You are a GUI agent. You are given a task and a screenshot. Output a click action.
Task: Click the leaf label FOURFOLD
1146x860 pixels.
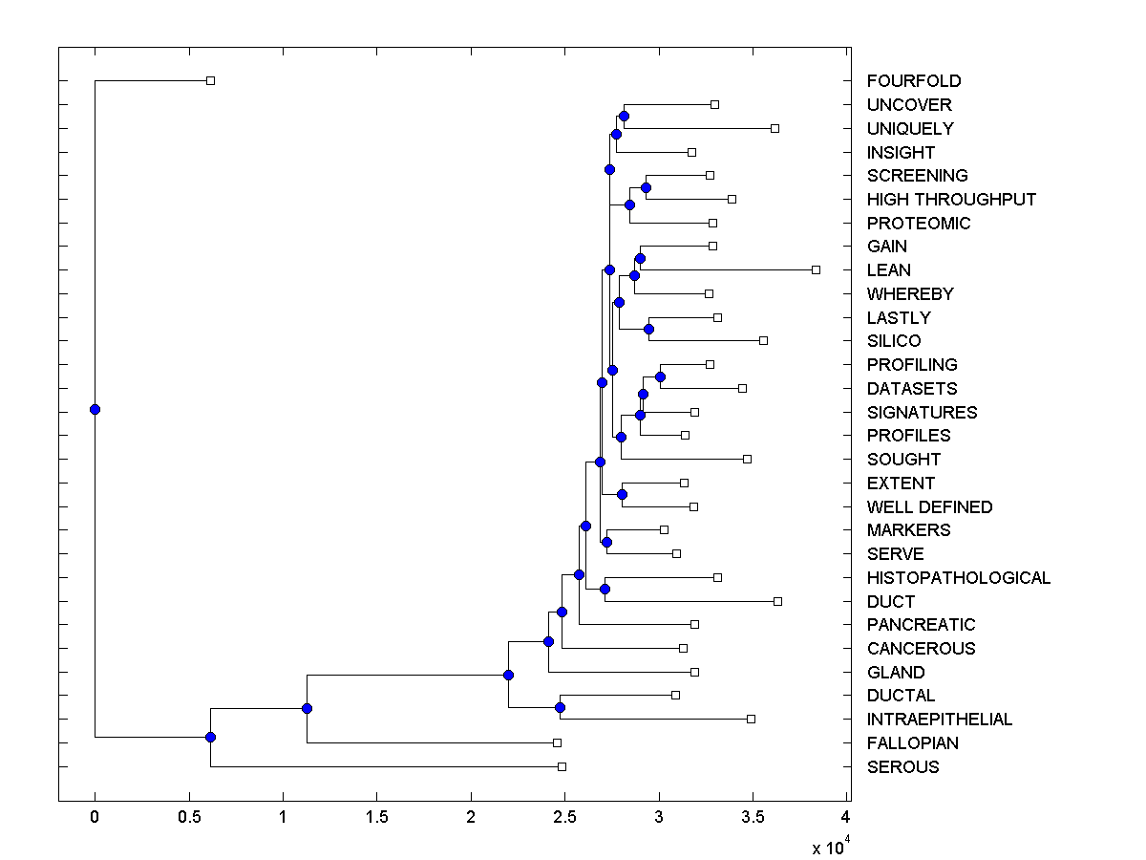[x=913, y=81]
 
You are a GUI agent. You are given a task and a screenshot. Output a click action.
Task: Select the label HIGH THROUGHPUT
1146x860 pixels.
[x=951, y=200]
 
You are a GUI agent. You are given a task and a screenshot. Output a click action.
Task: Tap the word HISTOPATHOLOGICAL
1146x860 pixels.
[x=958, y=578]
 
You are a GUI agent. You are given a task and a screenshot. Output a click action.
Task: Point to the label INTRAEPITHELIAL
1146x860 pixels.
[x=939, y=720]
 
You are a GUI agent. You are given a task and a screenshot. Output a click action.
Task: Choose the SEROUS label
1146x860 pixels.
[x=902, y=767]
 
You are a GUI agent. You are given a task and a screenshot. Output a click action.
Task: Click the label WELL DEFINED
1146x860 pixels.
[x=929, y=507]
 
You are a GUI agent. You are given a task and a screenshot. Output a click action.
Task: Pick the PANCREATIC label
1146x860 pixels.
[x=921, y=625]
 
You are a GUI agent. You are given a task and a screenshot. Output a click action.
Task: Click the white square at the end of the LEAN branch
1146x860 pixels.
[x=816, y=270]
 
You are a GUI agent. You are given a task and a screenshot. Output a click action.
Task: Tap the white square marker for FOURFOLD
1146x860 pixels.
[x=211, y=81]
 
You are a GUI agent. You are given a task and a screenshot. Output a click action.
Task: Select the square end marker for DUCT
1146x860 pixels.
[x=777, y=601]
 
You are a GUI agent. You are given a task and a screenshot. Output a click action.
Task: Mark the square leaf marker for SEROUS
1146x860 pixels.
[x=562, y=766]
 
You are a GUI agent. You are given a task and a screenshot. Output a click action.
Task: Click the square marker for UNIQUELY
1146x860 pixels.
[x=775, y=128]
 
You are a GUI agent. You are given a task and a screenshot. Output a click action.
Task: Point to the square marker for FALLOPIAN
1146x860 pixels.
[x=557, y=742]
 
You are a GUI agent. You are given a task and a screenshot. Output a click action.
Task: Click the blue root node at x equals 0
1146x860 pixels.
[x=95, y=409]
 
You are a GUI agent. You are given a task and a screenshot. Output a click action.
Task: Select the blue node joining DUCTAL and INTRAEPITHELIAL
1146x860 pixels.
[x=560, y=707]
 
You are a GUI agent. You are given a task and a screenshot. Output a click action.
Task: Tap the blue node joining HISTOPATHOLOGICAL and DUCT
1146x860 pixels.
[x=605, y=589]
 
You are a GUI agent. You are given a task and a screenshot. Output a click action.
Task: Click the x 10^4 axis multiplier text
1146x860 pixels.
[x=827, y=847]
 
